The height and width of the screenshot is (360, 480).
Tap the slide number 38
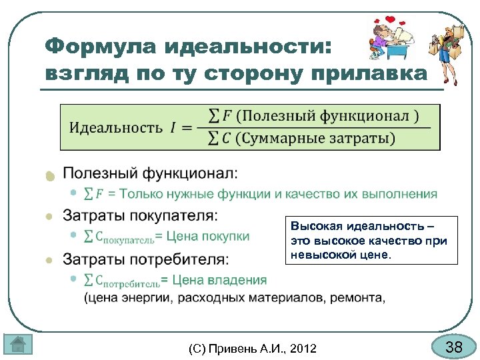tap(453, 347)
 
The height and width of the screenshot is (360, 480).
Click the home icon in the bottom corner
tap(18, 345)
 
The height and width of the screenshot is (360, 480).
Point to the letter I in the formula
tap(173, 127)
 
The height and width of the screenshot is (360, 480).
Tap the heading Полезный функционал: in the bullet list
tap(150, 173)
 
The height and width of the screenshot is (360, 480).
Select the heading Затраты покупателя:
tap(140, 215)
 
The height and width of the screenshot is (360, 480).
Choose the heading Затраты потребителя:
tap(145, 258)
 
